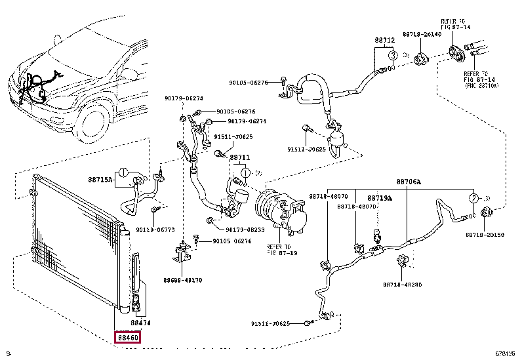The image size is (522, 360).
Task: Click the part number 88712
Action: [x=385, y=40]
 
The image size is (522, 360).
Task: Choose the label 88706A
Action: [x=409, y=181]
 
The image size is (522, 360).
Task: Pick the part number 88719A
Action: [x=380, y=197]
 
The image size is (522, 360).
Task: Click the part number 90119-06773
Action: [x=155, y=230]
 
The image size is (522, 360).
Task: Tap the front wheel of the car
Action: [x=92, y=121]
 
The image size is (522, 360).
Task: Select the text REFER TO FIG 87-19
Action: [x=282, y=250]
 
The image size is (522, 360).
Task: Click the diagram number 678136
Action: [x=505, y=354]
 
